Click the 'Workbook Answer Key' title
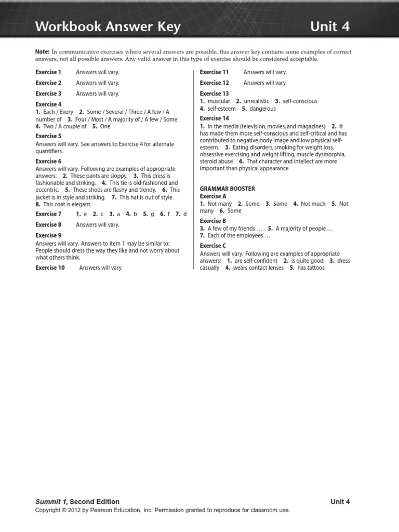[x=108, y=27]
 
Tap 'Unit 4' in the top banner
[x=330, y=27]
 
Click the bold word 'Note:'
[x=42, y=52]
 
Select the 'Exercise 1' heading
[x=48, y=72]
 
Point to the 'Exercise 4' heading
[x=48, y=104]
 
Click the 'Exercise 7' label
[x=48, y=214]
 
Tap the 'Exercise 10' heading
[x=50, y=268]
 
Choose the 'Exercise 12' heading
[x=214, y=83]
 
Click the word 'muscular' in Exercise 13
[x=219, y=101]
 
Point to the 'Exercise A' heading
[x=213, y=196]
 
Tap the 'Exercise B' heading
[x=213, y=221]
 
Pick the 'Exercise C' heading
[x=213, y=246]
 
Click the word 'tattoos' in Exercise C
[x=315, y=268]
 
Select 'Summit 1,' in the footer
[x=51, y=502]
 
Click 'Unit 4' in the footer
[x=340, y=502]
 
